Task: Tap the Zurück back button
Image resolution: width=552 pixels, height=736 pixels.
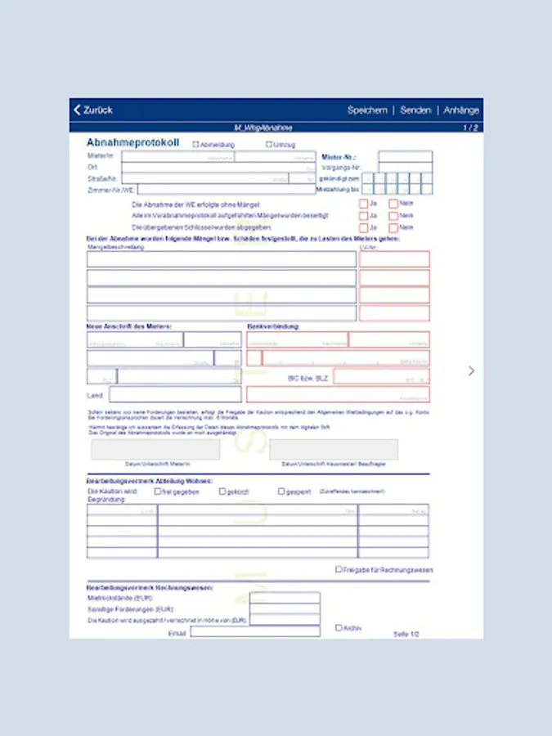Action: (x=92, y=110)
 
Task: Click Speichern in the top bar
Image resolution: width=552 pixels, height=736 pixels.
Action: (x=367, y=110)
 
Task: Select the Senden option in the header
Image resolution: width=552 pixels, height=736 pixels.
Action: (x=415, y=110)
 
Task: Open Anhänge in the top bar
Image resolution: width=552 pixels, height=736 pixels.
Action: (x=461, y=110)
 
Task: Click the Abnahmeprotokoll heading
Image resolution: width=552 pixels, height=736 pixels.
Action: (x=132, y=143)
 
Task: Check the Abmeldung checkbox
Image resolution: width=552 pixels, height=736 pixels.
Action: (x=195, y=145)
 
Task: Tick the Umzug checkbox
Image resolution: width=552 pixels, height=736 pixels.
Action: (x=269, y=145)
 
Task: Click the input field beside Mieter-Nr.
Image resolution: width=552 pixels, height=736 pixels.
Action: (x=405, y=155)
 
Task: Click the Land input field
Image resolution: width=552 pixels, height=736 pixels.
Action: (x=175, y=395)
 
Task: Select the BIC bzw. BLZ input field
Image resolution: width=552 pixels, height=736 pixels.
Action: (x=381, y=377)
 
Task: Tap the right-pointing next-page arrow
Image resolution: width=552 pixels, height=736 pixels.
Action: (x=471, y=370)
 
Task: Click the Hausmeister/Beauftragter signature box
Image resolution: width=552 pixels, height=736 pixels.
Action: (x=334, y=450)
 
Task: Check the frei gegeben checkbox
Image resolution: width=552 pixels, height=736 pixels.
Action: (x=158, y=491)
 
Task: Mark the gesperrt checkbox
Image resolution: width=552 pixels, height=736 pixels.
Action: (x=281, y=491)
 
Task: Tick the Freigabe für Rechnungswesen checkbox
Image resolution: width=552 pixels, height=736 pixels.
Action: (x=339, y=569)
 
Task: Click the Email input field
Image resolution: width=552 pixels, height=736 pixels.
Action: (x=255, y=631)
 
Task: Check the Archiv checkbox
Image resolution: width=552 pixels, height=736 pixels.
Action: (x=339, y=628)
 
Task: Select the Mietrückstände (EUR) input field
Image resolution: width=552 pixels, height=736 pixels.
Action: (x=285, y=598)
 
